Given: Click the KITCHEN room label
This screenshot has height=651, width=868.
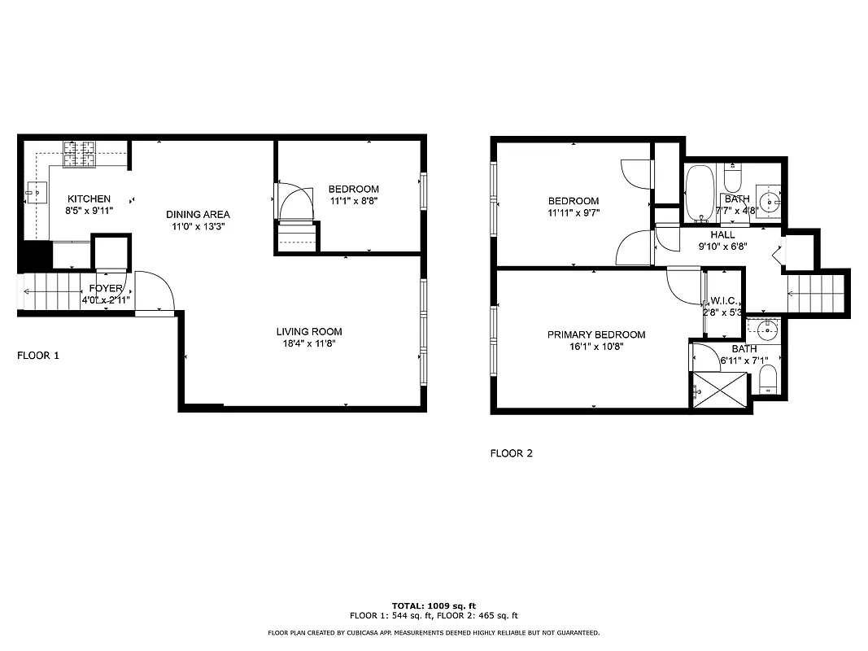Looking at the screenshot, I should click(x=89, y=199).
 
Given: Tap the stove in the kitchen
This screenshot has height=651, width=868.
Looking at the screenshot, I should click(x=81, y=152).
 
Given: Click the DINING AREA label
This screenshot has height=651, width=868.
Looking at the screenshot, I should click(x=198, y=214).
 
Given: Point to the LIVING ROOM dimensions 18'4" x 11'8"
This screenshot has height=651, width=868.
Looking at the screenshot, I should click(x=308, y=343).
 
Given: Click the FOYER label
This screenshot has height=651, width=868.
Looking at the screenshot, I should click(x=106, y=288).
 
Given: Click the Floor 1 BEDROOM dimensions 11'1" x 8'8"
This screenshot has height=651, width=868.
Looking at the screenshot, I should click(x=353, y=200).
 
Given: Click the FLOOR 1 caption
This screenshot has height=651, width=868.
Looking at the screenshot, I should click(x=38, y=356).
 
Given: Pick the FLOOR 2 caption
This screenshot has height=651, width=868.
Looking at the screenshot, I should click(x=511, y=453).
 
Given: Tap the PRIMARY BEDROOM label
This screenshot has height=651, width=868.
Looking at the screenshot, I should click(x=595, y=334).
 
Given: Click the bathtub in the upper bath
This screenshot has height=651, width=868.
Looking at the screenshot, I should click(x=699, y=194).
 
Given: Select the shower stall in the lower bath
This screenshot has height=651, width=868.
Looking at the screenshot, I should click(x=718, y=391).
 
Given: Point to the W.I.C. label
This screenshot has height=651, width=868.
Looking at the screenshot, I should click(x=721, y=301).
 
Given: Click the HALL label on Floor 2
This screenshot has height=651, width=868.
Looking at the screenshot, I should click(x=722, y=234).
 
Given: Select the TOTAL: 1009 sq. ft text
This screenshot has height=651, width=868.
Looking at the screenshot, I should click(x=434, y=606).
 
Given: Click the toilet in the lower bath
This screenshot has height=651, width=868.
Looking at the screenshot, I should click(x=766, y=379).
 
